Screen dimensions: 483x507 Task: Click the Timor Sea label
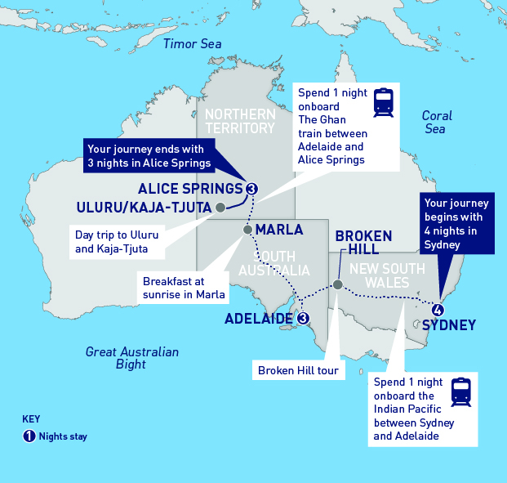pos(192,44)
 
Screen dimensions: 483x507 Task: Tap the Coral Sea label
pos(437,123)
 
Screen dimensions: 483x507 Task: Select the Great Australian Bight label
pos(131,358)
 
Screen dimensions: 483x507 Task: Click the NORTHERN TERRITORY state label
pos(239,121)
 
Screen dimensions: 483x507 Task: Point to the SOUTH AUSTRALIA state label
pos(274,262)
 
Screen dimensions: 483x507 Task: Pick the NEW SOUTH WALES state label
pos(380,275)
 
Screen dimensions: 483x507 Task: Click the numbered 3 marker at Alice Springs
pos(251,190)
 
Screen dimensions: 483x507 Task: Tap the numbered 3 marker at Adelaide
pos(303,318)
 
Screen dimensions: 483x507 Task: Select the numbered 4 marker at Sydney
pos(438,310)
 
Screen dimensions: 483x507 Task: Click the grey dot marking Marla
pos(247,230)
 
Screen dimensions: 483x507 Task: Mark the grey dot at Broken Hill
pos(337,285)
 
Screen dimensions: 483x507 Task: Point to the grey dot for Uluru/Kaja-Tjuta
pos(220,207)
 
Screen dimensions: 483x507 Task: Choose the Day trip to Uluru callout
pos(117,241)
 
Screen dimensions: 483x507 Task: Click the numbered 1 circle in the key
pos(29,436)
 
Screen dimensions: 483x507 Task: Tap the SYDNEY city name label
pos(449,325)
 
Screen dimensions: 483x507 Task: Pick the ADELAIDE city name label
pos(260,318)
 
